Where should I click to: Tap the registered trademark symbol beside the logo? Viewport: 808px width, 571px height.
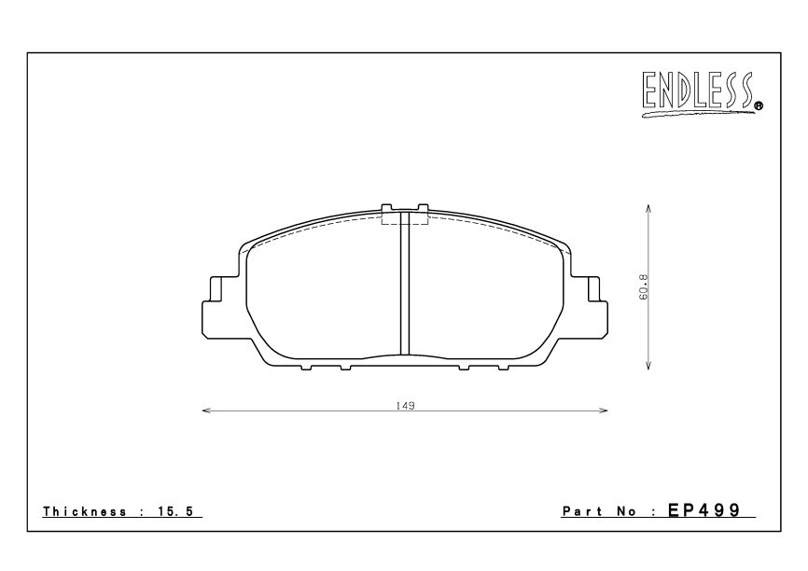point(759,106)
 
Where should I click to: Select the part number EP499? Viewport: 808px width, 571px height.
point(704,510)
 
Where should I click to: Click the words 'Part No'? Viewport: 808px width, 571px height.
point(599,511)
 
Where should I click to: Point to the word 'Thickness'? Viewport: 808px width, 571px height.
point(85,511)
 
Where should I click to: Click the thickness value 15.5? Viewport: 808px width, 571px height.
point(175,511)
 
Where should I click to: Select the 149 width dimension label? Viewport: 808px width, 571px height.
point(405,406)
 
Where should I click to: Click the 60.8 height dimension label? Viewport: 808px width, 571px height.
point(643,287)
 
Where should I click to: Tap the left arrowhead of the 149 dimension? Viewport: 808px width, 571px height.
point(206,411)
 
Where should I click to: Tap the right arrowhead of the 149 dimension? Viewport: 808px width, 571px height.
point(603,411)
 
